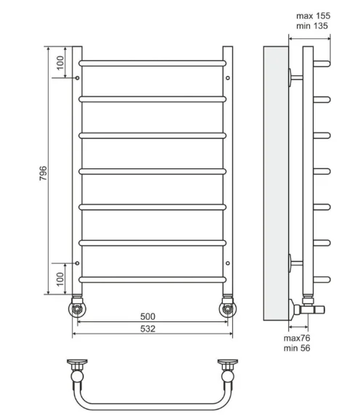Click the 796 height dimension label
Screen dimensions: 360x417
coord(43,173)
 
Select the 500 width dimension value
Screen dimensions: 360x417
coord(147,316)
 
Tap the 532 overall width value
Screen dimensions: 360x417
coord(147,329)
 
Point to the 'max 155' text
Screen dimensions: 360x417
coord(313,16)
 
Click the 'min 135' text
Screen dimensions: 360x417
coord(312,26)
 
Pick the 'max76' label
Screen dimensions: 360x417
coord(297,338)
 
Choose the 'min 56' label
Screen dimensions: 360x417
coord(297,348)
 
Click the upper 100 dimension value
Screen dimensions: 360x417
coord(61,63)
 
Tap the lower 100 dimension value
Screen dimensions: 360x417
coord(61,279)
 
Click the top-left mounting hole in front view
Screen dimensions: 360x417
coord(77,78)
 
